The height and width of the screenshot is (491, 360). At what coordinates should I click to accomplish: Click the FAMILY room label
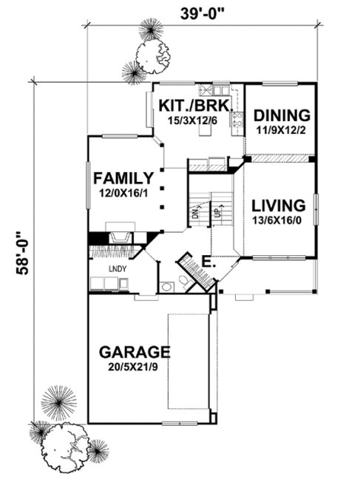(x=123, y=178)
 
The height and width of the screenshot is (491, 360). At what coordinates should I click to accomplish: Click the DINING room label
(x=281, y=115)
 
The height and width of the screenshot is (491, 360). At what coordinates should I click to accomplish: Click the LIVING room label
(x=278, y=206)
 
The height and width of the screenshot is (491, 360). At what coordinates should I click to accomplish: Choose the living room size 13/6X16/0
(x=278, y=220)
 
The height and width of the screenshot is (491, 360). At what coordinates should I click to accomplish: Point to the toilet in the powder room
(x=168, y=285)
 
